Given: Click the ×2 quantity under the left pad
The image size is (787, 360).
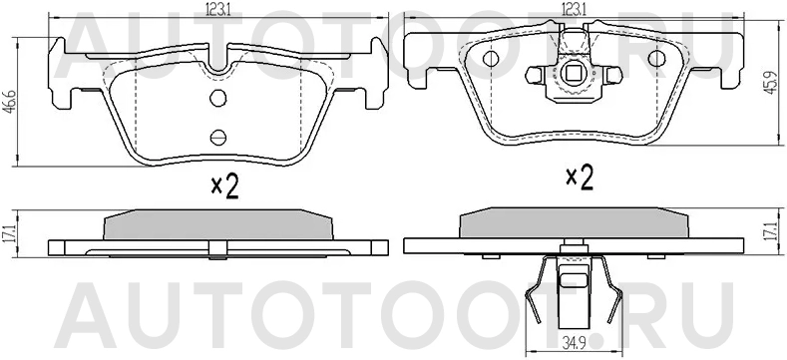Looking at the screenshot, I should pos(225,186).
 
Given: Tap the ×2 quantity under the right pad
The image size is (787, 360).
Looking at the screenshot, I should pos(580,179).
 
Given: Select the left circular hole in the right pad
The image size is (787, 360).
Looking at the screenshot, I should pos(490,59).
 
